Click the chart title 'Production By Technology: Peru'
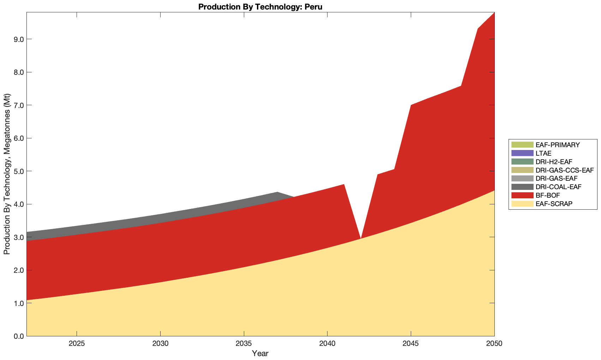click(260, 6)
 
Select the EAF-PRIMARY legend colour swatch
click(522, 145)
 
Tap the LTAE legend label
click(543, 153)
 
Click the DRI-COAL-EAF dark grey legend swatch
click(522, 187)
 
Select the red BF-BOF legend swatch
click(522, 195)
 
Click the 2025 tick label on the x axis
click(77, 344)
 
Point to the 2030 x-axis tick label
click(160, 344)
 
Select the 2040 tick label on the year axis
click(327, 344)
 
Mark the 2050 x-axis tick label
click(494, 344)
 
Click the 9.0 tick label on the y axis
click(18, 39)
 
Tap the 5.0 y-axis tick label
click(18, 171)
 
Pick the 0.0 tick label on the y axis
click(18, 336)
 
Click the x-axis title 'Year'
click(260, 353)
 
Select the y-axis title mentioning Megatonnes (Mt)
click(7, 174)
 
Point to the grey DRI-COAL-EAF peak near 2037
click(277, 193)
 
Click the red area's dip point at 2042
click(360, 238)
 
